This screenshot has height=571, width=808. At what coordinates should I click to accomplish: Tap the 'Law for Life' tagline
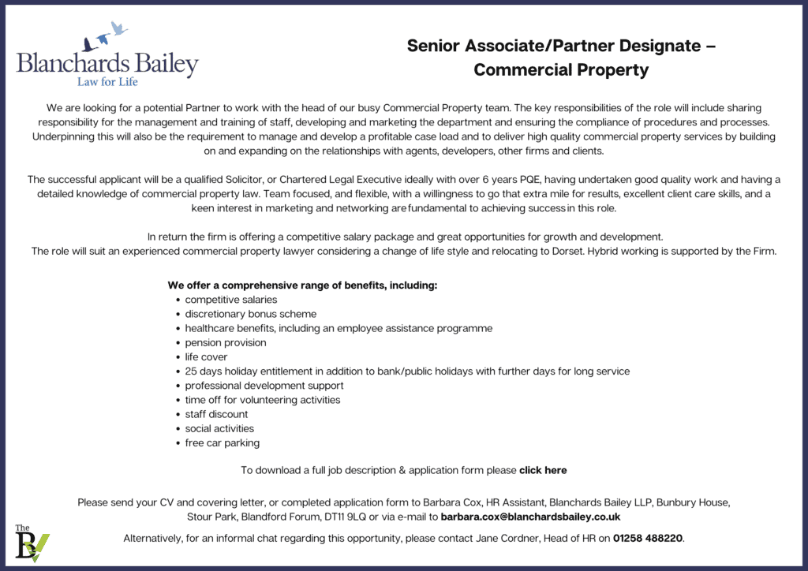(x=107, y=80)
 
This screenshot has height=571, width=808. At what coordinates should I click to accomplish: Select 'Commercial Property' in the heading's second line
(x=561, y=70)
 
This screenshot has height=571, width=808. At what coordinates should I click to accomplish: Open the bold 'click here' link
(x=543, y=470)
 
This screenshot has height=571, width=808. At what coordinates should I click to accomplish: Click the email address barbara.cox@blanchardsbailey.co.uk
(x=530, y=517)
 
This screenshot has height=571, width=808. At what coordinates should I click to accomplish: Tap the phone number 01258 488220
(x=648, y=538)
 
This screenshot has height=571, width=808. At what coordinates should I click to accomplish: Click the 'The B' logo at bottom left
(x=32, y=544)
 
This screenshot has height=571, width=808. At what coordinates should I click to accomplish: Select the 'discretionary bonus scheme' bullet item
(x=250, y=314)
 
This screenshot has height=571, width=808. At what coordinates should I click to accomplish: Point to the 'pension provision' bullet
(x=225, y=342)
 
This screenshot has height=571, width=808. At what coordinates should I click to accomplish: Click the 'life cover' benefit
(x=206, y=356)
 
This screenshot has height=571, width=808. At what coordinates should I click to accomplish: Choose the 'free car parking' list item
(x=222, y=442)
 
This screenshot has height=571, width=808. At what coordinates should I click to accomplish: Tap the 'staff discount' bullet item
(x=216, y=414)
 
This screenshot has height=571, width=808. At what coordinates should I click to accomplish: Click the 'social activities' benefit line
(x=219, y=428)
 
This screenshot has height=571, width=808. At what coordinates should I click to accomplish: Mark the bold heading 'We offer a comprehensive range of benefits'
(x=302, y=285)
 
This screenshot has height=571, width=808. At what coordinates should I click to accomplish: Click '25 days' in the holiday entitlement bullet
(x=203, y=371)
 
